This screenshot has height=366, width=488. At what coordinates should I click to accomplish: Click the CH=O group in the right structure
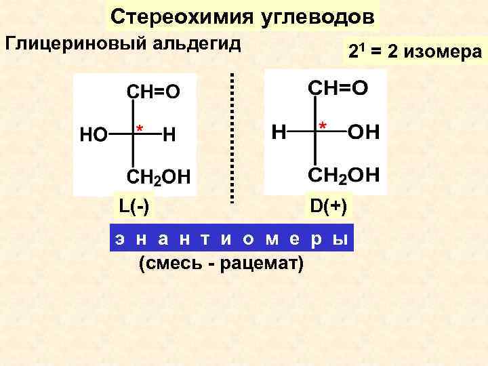coord(338,89)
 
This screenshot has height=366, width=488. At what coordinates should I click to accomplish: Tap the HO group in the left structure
coord(94,135)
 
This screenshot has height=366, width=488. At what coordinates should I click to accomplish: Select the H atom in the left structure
coord(169,135)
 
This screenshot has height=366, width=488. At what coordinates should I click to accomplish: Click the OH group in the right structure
coord(363,131)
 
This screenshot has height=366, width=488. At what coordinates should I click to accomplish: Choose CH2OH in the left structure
coord(159,178)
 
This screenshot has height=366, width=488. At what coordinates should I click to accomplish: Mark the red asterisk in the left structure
coord(139,128)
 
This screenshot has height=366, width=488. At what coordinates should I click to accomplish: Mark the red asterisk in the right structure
coord(323,125)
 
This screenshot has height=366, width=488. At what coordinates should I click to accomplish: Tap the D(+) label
coord(328,205)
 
